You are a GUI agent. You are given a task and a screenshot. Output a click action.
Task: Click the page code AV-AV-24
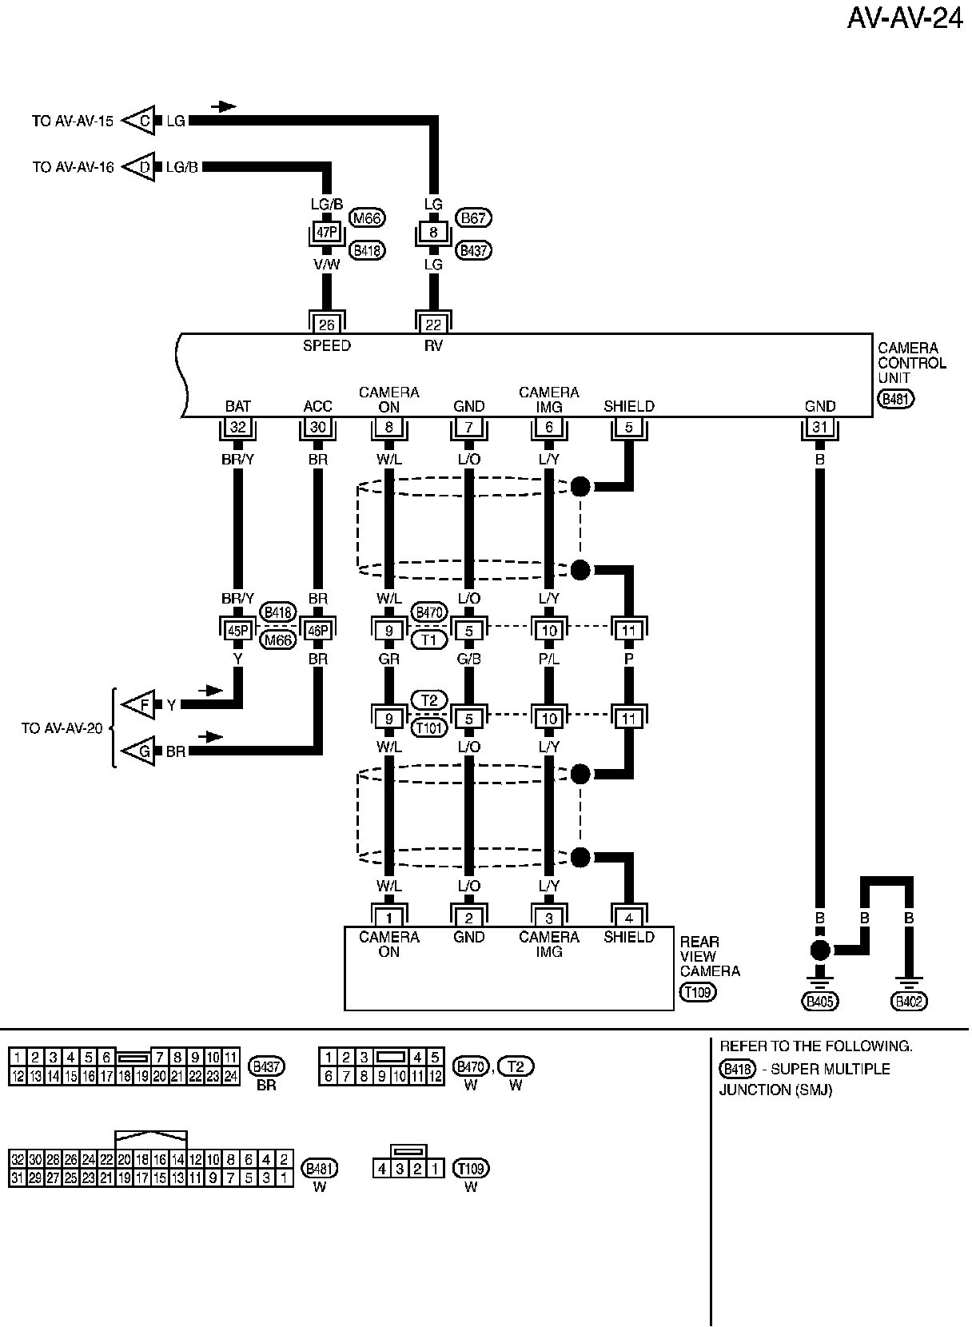[905, 18]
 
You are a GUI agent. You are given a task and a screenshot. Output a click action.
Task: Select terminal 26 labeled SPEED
[327, 325]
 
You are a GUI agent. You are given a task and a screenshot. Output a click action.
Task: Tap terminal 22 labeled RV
[433, 325]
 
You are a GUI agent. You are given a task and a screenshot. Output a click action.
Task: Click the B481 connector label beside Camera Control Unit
[895, 399]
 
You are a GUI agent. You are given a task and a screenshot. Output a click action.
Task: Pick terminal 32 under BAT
[237, 427]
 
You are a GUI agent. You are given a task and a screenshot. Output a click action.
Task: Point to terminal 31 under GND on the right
[819, 427]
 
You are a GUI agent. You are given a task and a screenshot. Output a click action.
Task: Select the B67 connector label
[473, 218]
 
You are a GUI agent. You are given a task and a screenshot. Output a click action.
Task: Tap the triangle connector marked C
[143, 121]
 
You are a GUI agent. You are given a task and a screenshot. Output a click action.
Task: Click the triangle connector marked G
[143, 751]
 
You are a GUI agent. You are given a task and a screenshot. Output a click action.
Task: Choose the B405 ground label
[820, 1001]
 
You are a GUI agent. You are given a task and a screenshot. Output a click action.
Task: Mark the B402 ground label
[909, 1001]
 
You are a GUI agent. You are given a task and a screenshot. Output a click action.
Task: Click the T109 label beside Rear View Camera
[698, 992]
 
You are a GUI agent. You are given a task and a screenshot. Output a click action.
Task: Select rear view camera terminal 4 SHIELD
[629, 918]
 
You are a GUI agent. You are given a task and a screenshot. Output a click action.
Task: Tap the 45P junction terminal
[237, 630]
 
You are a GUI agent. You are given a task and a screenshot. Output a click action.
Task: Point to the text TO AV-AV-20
[62, 728]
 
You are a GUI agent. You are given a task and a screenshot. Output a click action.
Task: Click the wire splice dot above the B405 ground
[819, 950]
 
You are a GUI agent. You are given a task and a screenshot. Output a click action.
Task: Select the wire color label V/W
[327, 265]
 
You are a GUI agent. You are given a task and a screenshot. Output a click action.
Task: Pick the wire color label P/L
[549, 659]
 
